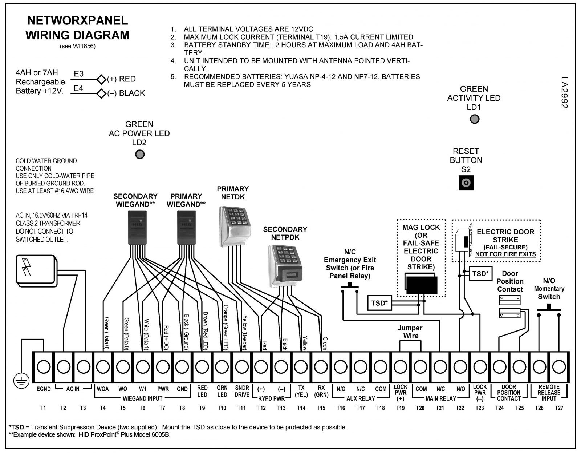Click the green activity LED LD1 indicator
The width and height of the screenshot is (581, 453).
(x=475, y=119)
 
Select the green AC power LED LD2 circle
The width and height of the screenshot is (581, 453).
(x=140, y=155)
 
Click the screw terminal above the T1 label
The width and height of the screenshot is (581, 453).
(x=44, y=367)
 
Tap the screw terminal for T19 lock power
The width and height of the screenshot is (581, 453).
(x=400, y=367)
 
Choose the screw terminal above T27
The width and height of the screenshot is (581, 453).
(x=559, y=367)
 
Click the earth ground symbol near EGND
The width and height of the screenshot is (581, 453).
(x=21, y=381)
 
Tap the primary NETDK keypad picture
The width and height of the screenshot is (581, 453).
(x=235, y=226)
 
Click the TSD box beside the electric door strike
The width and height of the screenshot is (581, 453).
(x=480, y=274)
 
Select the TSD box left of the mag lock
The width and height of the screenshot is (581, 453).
(x=379, y=303)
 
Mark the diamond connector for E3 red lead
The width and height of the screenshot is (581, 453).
(x=101, y=79)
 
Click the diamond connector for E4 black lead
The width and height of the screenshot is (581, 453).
(x=101, y=94)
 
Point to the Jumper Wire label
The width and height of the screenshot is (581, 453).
(x=410, y=332)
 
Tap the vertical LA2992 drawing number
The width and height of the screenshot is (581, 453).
(x=564, y=93)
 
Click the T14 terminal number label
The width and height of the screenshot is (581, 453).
(x=301, y=408)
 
